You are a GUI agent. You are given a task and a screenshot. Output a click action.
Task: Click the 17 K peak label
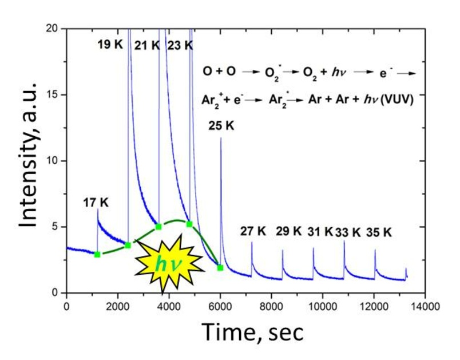click(96, 201)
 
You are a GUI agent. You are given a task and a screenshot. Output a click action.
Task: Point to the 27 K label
click(253, 232)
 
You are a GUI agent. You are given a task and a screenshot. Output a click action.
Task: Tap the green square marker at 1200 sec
click(97, 254)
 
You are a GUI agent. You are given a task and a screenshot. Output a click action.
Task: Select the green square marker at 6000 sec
click(220, 267)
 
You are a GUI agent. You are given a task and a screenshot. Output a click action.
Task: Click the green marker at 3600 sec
click(158, 227)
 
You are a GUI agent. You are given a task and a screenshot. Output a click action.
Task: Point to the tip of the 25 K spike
click(221, 138)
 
